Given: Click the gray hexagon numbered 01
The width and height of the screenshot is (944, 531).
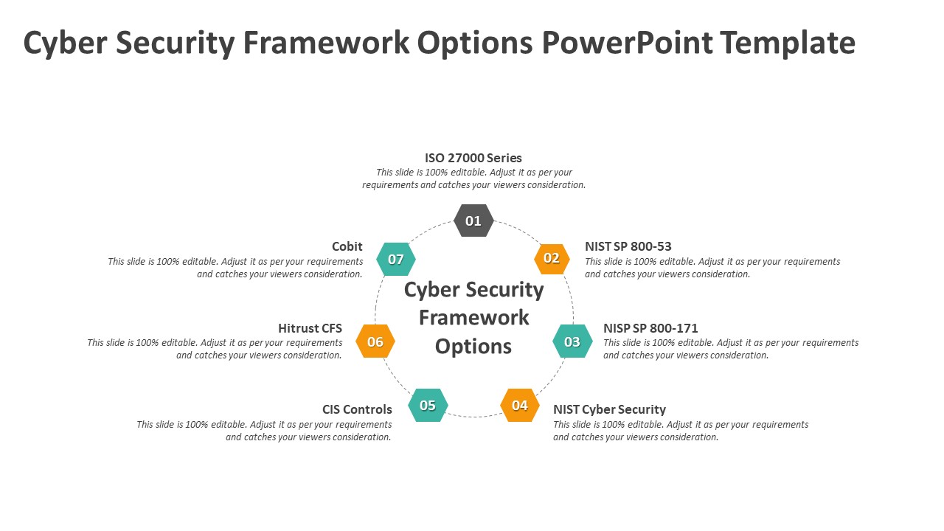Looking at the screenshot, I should (x=473, y=221).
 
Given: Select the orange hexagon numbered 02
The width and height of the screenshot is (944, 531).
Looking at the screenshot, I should (x=552, y=258).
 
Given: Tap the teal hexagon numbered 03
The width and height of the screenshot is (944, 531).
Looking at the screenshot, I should (x=572, y=341).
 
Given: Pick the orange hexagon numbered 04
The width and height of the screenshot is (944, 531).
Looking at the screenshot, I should (x=520, y=405).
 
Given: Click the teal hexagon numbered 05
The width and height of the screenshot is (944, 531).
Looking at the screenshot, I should (x=428, y=405).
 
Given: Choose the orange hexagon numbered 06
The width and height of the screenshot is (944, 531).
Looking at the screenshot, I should (x=375, y=341).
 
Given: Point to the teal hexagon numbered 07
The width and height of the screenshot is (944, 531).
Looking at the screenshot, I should (x=396, y=259).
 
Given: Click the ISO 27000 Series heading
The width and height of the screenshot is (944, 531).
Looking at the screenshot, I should (x=473, y=158).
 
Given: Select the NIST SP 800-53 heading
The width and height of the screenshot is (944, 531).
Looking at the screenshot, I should (x=628, y=246).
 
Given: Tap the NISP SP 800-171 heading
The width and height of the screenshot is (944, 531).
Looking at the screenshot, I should (x=650, y=328).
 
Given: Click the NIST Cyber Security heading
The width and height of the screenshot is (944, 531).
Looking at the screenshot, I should (x=609, y=409).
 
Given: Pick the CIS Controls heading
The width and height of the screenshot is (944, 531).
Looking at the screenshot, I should (x=357, y=409).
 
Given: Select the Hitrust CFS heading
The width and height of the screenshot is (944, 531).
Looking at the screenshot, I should (x=310, y=328).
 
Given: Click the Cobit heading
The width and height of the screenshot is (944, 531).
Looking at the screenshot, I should (x=347, y=246).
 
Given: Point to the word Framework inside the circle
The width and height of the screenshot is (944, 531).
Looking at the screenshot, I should (x=473, y=318).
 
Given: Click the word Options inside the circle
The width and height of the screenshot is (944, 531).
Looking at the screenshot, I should (x=473, y=346).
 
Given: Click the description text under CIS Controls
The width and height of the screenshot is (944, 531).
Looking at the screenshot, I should (x=264, y=431).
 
